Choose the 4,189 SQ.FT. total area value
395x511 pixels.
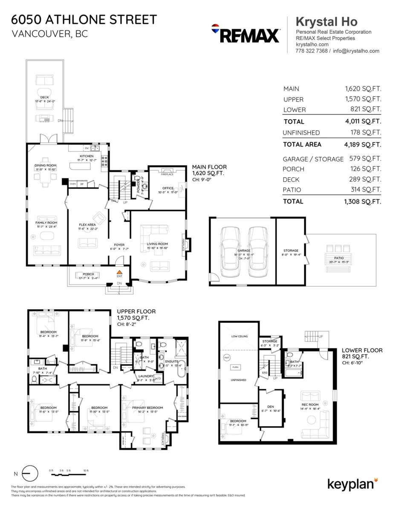coord(362,144)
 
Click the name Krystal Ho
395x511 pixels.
coord(326,22)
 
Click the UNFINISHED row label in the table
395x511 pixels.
coord(301,133)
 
